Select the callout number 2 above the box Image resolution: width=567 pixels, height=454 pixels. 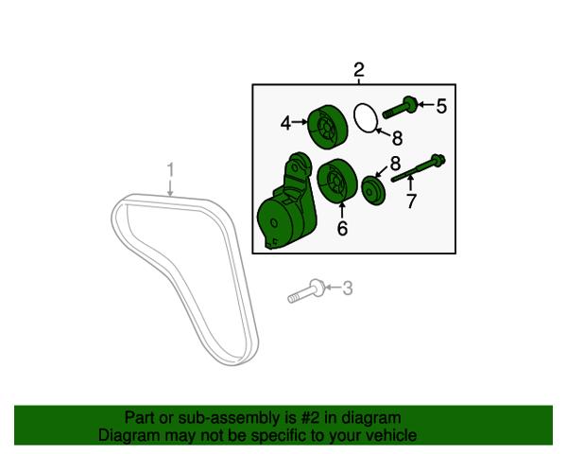coord(359,70)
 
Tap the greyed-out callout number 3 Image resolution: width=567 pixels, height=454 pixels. coord(347,288)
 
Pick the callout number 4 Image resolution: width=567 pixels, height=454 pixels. coord(285,123)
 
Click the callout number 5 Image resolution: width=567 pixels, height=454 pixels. coord(441,106)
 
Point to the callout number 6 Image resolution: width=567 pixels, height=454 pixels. coord(342,228)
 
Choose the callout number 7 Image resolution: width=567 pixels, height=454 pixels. coord(411,201)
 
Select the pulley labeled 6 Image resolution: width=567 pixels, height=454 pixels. coord(337,180)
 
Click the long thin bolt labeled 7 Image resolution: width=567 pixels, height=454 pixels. coord(419,167)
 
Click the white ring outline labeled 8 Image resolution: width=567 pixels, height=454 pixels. coord(366,117)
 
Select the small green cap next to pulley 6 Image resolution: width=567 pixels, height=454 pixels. coord(373,190)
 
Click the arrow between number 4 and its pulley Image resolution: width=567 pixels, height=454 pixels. coord(300,122)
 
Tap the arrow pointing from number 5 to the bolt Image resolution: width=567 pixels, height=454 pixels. coord(426,105)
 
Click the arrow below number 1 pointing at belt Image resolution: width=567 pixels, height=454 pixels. coord(170,188)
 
